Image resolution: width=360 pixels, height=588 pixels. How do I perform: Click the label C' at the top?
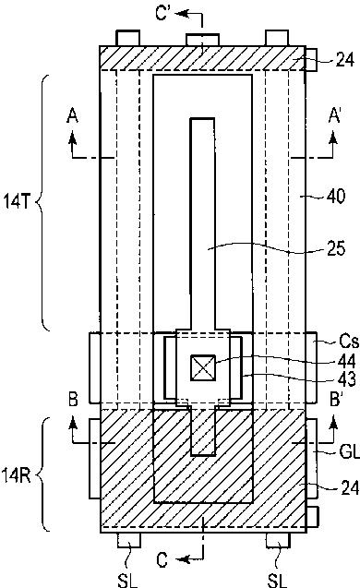pyautogui.click(x=163, y=13)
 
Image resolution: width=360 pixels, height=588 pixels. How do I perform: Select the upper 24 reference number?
pyautogui.click(x=344, y=60)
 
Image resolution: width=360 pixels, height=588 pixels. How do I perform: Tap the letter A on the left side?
pyautogui.click(x=72, y=115)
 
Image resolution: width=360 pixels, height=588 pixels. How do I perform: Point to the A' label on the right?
pyautogui.click(x=334, y=115)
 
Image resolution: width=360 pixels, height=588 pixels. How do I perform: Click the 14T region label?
pyautogui.click(x=17, y=201)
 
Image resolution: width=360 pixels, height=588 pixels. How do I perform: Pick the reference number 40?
pyautogui.click(x=336, y=196)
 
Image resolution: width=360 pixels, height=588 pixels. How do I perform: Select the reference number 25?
pyautogui.click(x=336, y=248)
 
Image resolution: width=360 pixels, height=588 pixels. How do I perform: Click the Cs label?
pyautogui.click(x=348, y=342)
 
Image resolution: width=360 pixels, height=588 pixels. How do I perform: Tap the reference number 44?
pyautogui.click(x=346, y=362)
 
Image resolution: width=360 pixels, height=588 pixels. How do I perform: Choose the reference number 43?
pyautogui.click(x=346, y=380)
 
